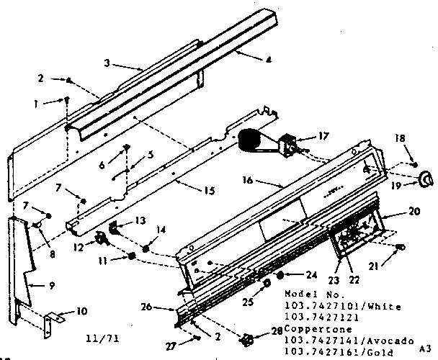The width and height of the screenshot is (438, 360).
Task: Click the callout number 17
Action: [x=303, y=135]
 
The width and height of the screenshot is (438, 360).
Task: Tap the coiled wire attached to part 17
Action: [x=250, y=140]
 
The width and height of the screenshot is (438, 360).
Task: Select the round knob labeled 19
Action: [x=424, y=177]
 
